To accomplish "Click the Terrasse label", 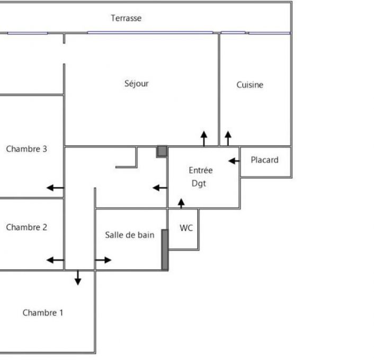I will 126,18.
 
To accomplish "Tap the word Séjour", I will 137,83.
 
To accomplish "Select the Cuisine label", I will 250,85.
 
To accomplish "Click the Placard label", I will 264,160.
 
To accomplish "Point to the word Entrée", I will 201,170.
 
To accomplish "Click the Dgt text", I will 199,184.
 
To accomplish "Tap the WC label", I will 186,228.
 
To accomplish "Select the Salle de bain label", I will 129,235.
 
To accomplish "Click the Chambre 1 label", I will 42,312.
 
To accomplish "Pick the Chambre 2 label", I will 26,227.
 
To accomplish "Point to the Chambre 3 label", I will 26,149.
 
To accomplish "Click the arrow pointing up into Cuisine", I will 228,139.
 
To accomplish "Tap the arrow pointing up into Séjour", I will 204,139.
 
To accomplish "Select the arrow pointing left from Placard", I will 234,160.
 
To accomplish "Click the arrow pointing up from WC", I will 181,203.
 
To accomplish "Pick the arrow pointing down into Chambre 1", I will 78,277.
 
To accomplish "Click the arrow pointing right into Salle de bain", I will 104,260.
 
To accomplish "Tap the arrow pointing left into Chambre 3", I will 55,187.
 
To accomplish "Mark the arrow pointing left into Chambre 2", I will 55,260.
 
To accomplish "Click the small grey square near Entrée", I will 162,151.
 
